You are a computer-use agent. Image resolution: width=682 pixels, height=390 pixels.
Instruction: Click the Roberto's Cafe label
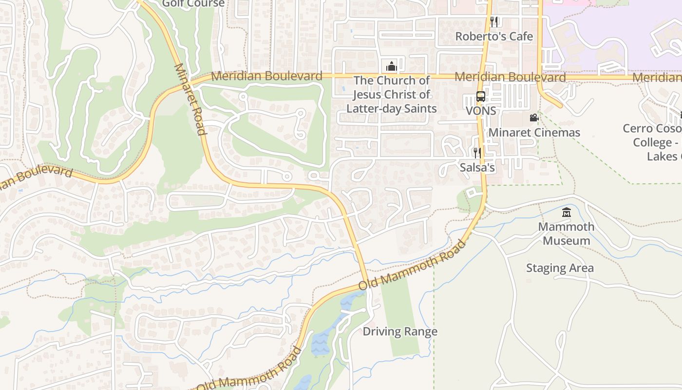[494, 37]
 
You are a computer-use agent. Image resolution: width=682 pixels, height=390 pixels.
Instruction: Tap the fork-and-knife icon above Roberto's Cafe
[494, 21]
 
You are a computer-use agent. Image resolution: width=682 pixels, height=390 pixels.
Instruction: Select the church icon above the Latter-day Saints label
[391, 66]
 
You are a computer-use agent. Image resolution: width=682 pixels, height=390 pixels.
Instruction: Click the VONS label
[481, 111]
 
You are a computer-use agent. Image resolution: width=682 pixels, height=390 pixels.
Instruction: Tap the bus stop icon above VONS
[481, 96]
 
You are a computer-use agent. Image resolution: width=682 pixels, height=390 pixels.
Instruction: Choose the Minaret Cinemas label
[534, 133]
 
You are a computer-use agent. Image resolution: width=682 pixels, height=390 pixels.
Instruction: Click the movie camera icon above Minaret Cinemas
[534, 117]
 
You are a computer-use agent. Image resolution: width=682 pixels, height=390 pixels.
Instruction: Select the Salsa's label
[477, 168]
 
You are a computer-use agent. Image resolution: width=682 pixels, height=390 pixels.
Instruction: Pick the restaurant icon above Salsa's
[477, 153]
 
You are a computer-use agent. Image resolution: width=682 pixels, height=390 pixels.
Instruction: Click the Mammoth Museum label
[566, 234]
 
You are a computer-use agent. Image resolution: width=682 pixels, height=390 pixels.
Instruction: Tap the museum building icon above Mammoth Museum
[566, 213]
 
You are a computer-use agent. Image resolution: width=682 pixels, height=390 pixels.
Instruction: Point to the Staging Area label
[560, 268]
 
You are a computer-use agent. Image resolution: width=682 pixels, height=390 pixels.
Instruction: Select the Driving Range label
[400, 331]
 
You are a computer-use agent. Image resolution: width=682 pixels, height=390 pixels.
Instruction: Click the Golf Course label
[193, 4]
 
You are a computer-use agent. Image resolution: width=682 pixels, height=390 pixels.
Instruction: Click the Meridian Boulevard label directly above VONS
[510, 77]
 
